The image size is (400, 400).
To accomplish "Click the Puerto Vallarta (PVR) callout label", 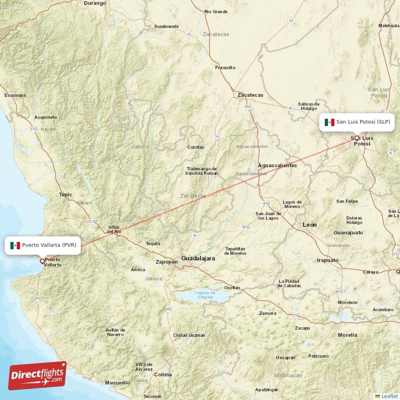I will point(42,245).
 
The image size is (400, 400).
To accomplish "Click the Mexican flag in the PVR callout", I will point(15,245).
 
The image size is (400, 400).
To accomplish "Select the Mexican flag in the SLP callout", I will point(329,122).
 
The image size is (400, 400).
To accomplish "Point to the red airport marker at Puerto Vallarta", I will point(42,260).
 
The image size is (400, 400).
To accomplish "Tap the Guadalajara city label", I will point(198,258).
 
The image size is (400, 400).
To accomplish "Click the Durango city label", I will point(95,3).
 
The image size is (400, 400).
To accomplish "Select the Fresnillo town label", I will point(224,67).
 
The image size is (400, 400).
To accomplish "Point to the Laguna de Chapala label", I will point(205,295).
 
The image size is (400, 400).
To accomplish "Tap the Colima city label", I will point(163,374).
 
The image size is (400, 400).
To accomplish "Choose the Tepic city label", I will point(65,194).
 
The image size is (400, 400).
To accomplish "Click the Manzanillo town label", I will point(117,383).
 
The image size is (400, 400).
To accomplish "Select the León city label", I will point(309,225).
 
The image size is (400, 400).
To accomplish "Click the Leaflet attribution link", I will point(389,396).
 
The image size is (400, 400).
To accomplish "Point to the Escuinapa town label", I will point(14,95).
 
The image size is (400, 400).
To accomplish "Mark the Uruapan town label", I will point(285,358).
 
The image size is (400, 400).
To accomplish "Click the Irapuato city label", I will point(327,260).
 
